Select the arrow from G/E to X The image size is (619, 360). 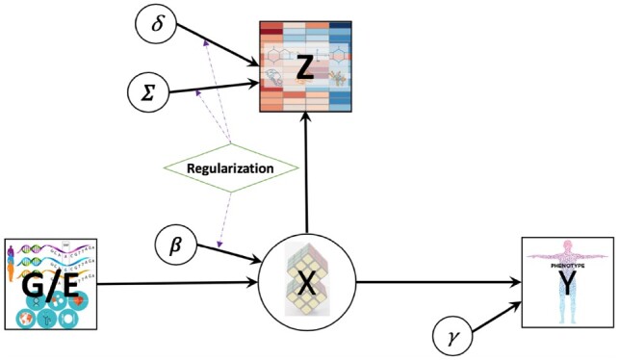click(x=178, y=284)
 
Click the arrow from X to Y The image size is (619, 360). click(x=438, y=282)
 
